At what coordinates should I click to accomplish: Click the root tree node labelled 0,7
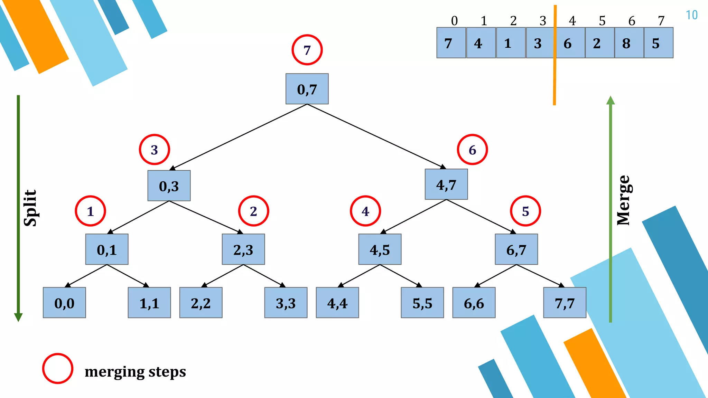(x=307, y=89)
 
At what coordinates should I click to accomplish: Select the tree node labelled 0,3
(x=169, y=186)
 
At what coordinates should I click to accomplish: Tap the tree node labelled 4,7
(x=446, y=184)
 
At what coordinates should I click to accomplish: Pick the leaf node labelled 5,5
(x=422, y=303)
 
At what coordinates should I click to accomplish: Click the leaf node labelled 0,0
(x=64, y=303)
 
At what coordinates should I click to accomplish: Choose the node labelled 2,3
(x=243, y=249)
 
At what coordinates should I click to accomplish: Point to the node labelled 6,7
(x=516, y=249)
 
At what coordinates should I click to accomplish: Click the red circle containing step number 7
(x=307, y=50)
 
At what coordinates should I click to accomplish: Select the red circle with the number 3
(x=154, y=150)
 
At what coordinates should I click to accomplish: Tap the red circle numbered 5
(x=525, y=211)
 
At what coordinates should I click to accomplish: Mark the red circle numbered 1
(x=90, y=211)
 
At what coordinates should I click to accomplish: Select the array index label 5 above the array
(x=602, y=21)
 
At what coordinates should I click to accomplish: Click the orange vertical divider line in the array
(x=555, y=79)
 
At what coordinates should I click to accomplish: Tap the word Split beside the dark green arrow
(x=30, y=208)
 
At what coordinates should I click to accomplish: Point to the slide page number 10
(x=691, y=15)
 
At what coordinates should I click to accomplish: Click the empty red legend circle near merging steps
(x=58, y=368)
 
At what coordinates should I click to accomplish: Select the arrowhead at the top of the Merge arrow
(x=611, y=100)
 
